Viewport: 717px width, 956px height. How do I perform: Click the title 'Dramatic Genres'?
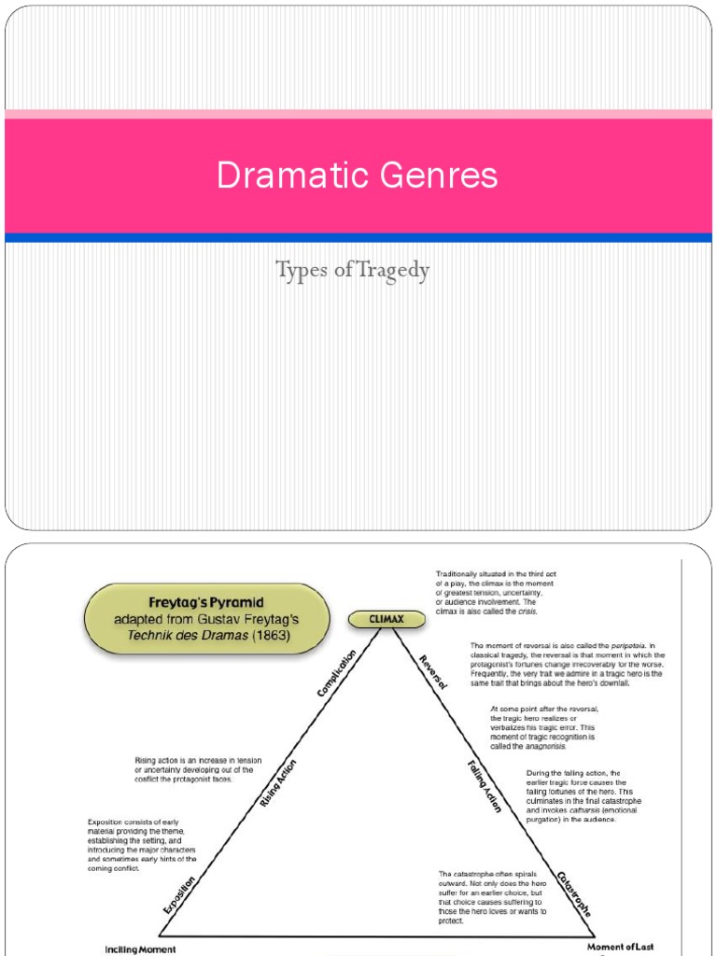358,176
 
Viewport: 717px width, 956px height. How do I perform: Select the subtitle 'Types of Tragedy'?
353,272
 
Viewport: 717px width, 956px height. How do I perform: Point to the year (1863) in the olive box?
267,636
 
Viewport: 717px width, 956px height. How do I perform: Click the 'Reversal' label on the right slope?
433,671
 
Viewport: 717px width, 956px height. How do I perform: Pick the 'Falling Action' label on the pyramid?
485,786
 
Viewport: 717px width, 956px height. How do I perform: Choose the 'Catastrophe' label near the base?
574,893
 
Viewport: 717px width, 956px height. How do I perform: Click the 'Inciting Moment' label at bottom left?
139,949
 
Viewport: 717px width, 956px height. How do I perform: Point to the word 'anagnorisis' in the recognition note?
543,746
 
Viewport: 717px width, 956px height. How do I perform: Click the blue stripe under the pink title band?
358,238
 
